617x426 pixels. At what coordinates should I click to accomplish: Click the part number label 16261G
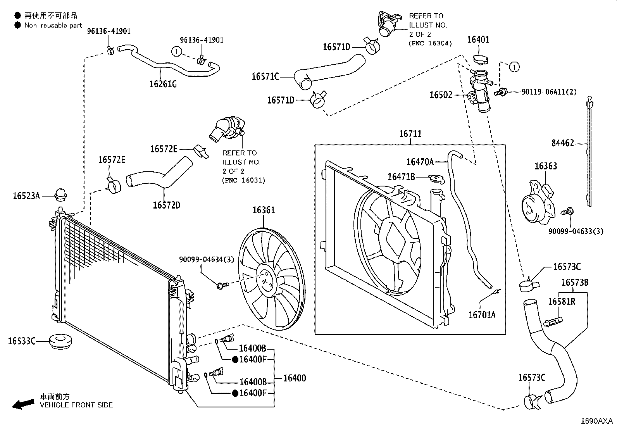[x=163, y=84]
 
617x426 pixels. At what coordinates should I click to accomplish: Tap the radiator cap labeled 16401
[x=480, y=60]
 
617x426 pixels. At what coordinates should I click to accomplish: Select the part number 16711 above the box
[x=410, y=134]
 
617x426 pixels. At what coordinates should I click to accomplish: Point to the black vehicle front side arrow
[x=23, y=404]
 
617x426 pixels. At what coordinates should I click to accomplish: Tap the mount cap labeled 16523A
[x=60, y=195]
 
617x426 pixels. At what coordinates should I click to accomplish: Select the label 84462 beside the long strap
[x=563, y=143]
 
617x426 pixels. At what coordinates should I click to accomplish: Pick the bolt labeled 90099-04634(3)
[x=222, y=285]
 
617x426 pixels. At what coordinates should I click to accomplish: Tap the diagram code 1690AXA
[x=596, y=421]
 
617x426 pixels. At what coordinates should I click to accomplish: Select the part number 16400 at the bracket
[x=295, y=378]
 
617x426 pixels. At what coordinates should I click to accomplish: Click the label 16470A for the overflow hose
[x=420, y=162]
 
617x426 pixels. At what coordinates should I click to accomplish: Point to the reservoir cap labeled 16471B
[x=436, y=179]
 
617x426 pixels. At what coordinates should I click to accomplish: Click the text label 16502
[x=441, y=95]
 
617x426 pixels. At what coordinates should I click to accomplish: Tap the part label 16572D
[x=166, y=205]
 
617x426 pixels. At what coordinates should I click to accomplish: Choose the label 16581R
[x=562, y=302]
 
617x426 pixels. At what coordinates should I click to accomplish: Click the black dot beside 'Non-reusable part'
[x=17, y=25]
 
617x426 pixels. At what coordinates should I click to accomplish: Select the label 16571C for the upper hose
[x=265, y=77]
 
